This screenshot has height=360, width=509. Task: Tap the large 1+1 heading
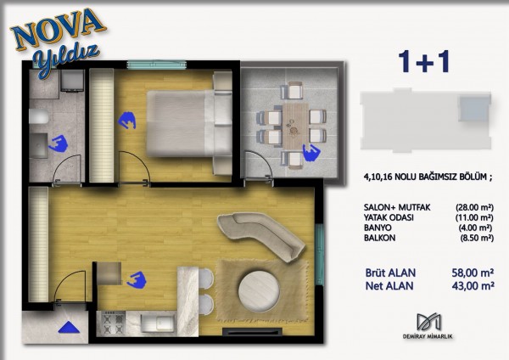424,61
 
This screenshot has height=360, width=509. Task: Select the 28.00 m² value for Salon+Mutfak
474,207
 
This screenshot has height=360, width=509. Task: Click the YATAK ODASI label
389,217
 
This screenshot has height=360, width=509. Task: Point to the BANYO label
378,228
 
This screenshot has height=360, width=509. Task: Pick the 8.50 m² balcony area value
477,238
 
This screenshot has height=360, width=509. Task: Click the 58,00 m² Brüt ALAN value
473,273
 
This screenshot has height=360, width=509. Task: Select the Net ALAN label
389,286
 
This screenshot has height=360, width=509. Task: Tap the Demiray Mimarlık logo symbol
428,323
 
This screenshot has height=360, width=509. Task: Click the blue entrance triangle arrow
69,328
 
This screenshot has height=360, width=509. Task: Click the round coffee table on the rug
259,291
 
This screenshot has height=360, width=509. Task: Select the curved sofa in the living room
261,235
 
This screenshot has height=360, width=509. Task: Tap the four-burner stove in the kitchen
114,323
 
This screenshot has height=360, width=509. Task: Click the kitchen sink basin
158,323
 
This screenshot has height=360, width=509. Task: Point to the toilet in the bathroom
39,116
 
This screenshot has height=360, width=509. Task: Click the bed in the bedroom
189,123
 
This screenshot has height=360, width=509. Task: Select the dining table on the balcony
295,125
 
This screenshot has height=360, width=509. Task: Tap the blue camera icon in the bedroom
126,120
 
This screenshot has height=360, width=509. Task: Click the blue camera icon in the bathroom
58,144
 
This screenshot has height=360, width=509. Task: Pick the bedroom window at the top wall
157,65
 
